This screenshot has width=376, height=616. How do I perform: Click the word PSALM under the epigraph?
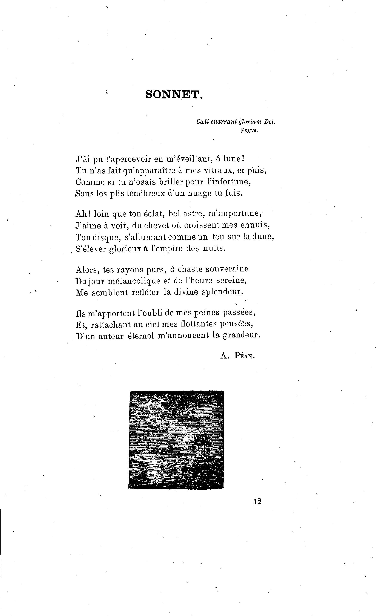[x=249, y=130]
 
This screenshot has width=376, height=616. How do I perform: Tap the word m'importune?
[x=235, y=214]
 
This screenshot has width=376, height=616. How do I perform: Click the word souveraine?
[x=227, y=269]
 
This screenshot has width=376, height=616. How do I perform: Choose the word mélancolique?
[x=134, y=281]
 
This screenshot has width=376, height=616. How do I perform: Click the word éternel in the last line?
[x=141, y=336]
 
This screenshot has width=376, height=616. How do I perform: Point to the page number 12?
[x=257, y=499]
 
